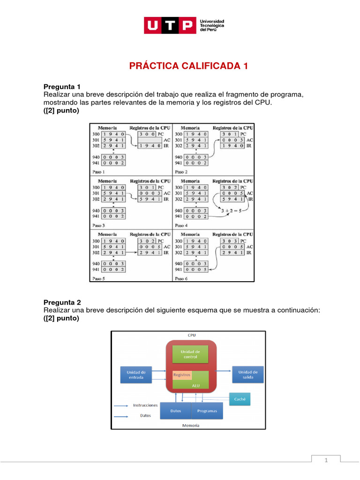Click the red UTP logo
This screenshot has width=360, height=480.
pyautogui.click(x=169, y=25)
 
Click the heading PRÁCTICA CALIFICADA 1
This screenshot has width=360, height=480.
pyautogui.click(x=188, y=66)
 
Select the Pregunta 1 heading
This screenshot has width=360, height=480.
pyautogui.click(x=62, y=87)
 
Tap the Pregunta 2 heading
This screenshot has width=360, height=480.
pyautogui.click(x=62, y=302)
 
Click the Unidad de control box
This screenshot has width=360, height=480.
pyautogui.click(x=191, y=354)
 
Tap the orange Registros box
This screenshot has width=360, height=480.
pyautogui.click(x=182, y=375)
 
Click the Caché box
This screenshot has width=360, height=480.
pyautogui.click(x=240, y=399)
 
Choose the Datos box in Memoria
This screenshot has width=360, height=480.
pyautogui.click(x=175, y=411)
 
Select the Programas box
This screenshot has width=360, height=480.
pyautogui.click(x=207, y=411)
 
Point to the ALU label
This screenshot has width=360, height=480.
pyautogui.click(x=196, y=385)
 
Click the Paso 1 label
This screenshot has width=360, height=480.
pyautogui.click(x=99, y=172)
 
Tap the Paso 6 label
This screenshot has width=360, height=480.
pyautogui.click(x=181, y=278)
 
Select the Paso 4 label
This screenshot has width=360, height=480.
pyautogui.click(x=181, y=225)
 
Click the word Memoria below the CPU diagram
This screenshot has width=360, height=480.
pyautogui.click(x=191, y=426)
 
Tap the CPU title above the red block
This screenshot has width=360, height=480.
pyautogui.click(x=191, y=335)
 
